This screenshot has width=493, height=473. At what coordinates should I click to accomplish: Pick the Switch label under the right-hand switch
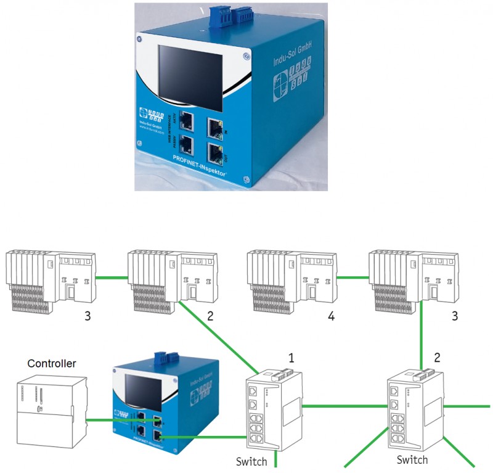(412, 459)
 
